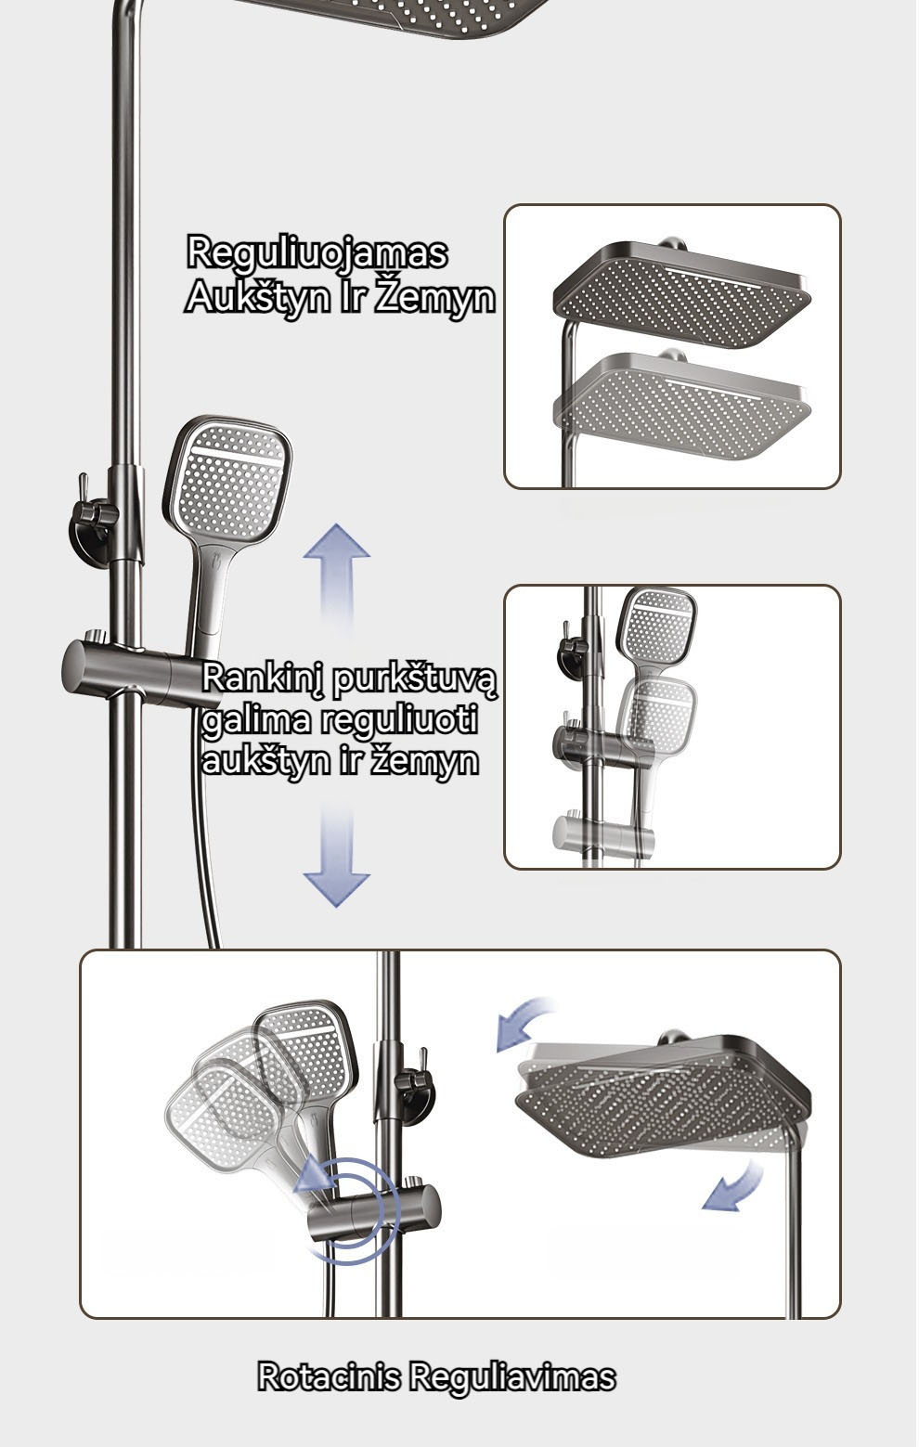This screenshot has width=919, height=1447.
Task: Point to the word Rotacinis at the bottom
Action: click(329, 1376)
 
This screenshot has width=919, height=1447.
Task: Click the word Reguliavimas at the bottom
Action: click(511, 1378)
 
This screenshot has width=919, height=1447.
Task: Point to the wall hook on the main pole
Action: click(93, 519)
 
